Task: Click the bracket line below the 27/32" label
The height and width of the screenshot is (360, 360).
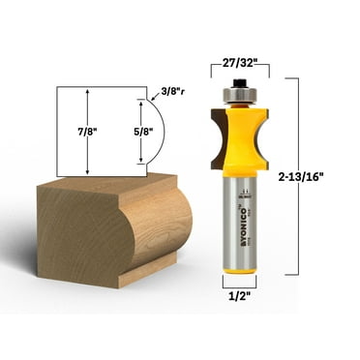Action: coord(239,70)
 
